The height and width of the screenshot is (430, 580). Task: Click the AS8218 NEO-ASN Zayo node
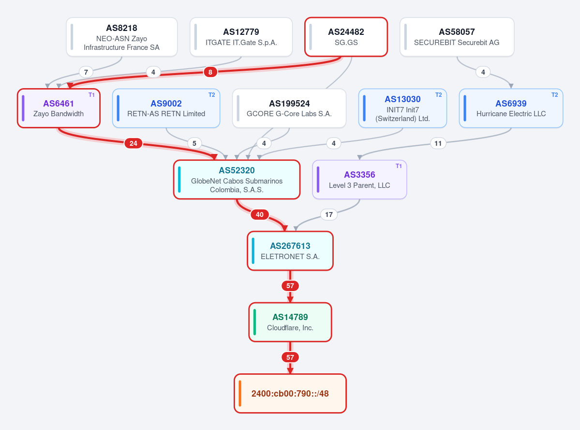coord(122,37)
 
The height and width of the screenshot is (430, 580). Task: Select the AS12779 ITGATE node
coord(241,37)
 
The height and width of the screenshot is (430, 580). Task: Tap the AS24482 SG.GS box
coord(346,37)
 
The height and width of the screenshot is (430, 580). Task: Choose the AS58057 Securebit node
coord(457,37)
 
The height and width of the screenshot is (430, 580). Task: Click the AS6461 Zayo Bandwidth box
coord(59,108)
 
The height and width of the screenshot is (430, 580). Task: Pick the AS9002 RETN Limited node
coord(166,108)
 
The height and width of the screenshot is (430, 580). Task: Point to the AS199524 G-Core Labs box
coord(289,108)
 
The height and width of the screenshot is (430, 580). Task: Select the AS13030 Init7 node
coord(402,108)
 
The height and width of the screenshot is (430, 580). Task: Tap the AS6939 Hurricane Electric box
coord(511,108)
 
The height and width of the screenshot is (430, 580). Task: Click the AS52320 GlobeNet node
coord(237,180)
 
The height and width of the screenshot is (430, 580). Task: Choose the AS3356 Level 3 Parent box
coord(359,180)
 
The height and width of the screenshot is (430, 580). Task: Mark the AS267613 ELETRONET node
coord(290,251)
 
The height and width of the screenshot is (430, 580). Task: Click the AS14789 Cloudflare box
coord(290,322)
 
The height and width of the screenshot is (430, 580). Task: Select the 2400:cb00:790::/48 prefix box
coord(290,393)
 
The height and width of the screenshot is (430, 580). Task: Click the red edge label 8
coord(210,72)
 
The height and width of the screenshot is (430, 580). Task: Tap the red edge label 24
coord(133,143)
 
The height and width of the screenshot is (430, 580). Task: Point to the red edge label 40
coord(260,215)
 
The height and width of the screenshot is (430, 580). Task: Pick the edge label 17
coord(329,215)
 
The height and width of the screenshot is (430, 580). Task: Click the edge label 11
coord(438,143)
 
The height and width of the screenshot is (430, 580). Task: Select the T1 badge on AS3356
coord(399,166)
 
